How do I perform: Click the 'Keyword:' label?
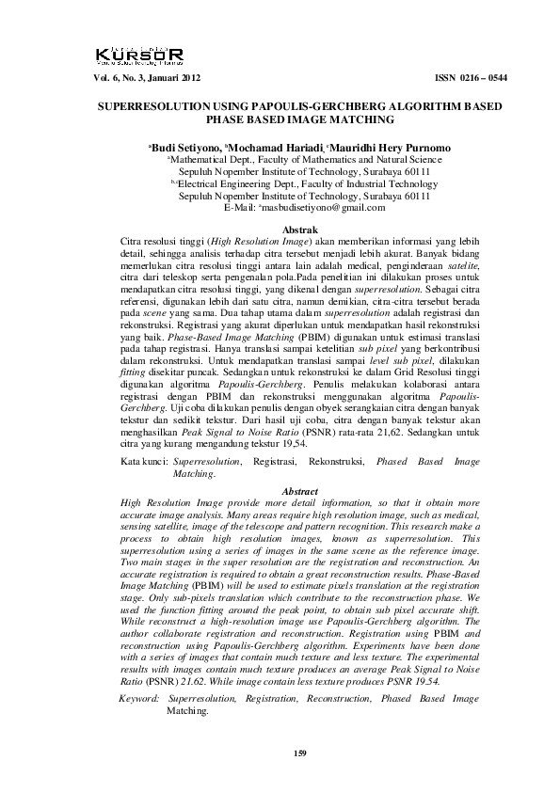click(139, 699)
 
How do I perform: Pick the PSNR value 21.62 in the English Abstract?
click(179, 677)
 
